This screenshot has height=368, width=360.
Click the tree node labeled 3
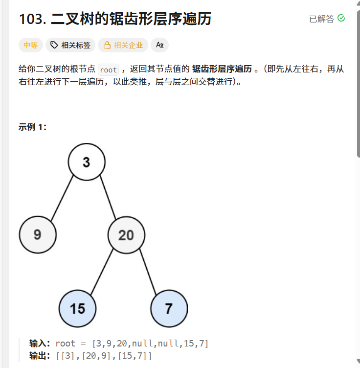tap(87, 162)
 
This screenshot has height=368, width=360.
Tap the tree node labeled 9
tap(38, 235)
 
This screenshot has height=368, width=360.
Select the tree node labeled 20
tap(126, 235)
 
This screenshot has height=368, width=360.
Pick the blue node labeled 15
tap(77, 308)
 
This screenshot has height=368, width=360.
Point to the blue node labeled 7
tap(169, 308)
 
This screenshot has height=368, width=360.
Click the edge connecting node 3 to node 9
tap(62, 198)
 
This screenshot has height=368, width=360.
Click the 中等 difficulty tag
tap(31, 45)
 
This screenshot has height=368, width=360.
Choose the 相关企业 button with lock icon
tap(123, 45)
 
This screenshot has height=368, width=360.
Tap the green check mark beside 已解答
tap(341, 18)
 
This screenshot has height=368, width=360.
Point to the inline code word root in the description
tap(108, 69)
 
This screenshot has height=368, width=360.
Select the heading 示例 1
tap(32, 127)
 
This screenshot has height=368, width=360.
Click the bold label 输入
tap(40, 344)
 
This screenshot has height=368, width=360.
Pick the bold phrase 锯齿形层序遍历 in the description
tap(222, 69)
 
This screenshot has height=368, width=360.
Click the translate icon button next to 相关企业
tap(159, 45)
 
